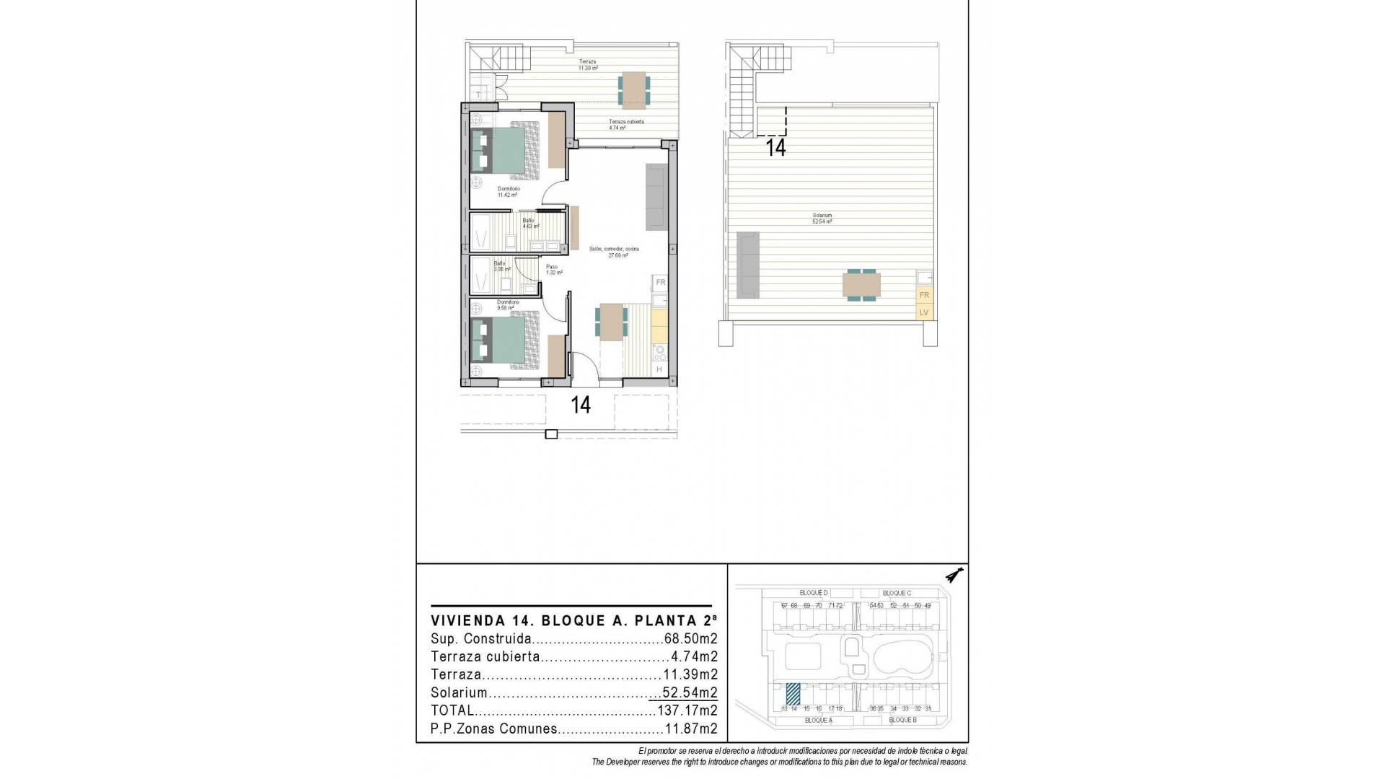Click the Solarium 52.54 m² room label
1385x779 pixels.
822,219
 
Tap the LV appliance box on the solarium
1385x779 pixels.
923,312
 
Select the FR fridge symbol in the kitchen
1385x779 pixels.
660,282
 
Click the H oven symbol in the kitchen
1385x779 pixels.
659,369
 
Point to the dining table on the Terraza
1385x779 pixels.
633,89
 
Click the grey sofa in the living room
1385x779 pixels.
656,197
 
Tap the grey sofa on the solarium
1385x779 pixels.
748,265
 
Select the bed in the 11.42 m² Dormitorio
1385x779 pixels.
505,150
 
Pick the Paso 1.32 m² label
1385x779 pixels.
552,270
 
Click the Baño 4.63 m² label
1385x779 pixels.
529,223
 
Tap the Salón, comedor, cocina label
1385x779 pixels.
614,252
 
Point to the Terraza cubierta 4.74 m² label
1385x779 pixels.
625,124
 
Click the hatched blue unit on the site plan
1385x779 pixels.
793,694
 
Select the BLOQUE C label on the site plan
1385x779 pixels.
897,593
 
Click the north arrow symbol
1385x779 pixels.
957,575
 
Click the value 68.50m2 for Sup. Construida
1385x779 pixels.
690,639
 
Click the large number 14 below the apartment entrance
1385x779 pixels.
581,405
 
